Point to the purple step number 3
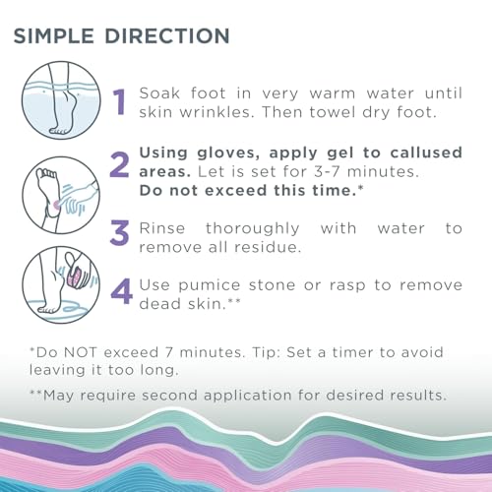pyautogui.click(x=119, y=233)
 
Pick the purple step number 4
pyautogui.click(x=119, y=292)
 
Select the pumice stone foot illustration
pyautogui.click(x=59, y=275)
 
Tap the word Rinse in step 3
pyautogui.click(x=167, y=227)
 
